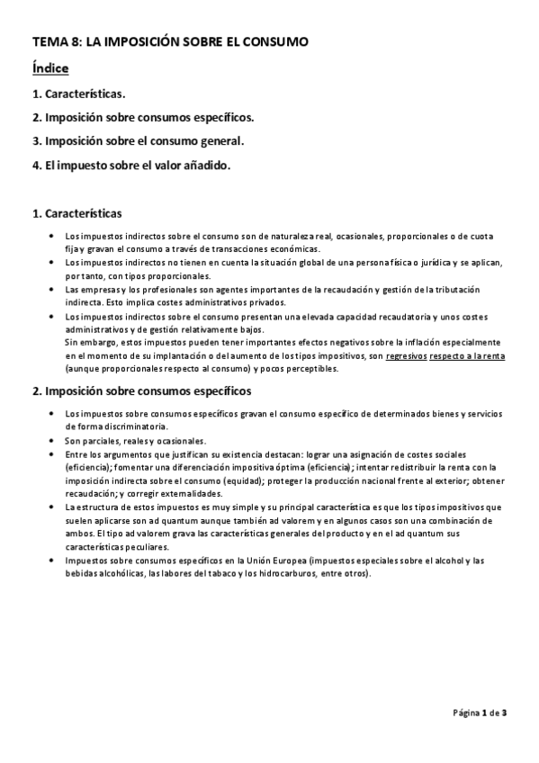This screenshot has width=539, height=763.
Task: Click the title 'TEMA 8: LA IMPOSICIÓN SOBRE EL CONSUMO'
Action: coord(170,41)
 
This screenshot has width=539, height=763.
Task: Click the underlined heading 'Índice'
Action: coord(50,68)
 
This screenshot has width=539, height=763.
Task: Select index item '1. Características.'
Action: coord(78,94)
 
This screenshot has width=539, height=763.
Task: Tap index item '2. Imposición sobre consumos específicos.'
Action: coord(143,117)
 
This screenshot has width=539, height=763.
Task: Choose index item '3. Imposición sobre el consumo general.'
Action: coord(138,141)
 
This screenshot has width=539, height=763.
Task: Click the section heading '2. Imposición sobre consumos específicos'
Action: coord(141,391)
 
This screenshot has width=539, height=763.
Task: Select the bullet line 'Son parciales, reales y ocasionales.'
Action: coord(135,441)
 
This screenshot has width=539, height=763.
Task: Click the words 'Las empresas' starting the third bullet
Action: coord(90,289)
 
